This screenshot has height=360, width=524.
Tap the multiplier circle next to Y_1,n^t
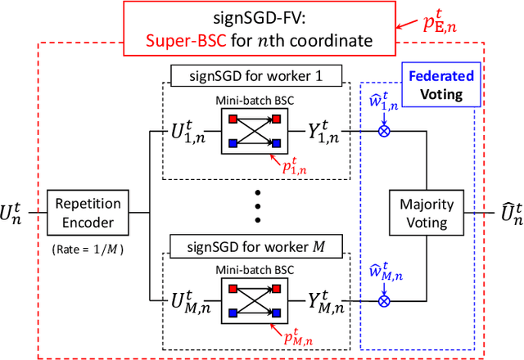point(383,129)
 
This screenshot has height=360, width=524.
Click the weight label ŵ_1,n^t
point(383,102)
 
